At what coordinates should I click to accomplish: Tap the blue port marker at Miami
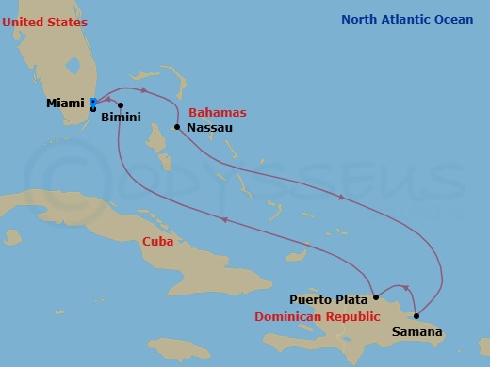pyautogui.click(x=93, y=102)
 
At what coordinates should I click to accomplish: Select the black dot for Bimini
pyautogui.click(x=121, y=104)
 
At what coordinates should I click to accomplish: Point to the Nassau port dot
pyautogui.click(x=177, y=127)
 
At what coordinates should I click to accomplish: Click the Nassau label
pyautogui.click(x=209, y=127)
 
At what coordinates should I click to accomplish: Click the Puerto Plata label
pyautogui.click(x=328, y=299)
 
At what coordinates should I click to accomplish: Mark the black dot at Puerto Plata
pyautogui.click(x=376, y=297)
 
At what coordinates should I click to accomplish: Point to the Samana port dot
pyautogui.click(x=416, y=315)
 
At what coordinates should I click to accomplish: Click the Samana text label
pyautogui.click(x=416, y=331)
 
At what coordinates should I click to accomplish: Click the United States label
pyautogui.click(x=43, y=21)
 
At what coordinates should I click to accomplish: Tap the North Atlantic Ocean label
pyautogui.click(x=407, y=19)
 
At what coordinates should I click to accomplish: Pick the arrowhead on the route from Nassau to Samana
pyautogui.click(x=341, y=197)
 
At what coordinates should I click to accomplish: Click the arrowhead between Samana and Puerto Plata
pyautogui.click(x=405, y=288)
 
